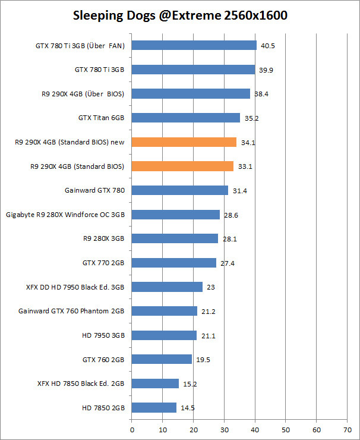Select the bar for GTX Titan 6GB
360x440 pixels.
point(185,118)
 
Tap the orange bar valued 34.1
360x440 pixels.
point(184,142)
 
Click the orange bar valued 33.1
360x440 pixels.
point(182,166)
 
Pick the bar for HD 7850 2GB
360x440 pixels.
point(154,407)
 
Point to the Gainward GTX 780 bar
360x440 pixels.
point(179,190)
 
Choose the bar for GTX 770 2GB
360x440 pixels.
point(173,263)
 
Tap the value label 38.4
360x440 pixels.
point(261,94)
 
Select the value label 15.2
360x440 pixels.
point(190,384)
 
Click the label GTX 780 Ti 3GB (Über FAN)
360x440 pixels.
point(80,45)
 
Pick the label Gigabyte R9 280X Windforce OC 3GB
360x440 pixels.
point(65,215)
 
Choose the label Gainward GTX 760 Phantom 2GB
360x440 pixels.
point(71,311)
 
